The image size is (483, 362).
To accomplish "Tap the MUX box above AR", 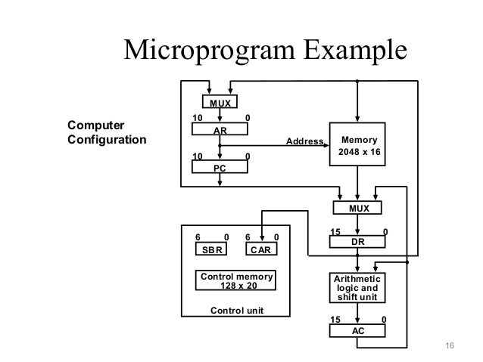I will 220,102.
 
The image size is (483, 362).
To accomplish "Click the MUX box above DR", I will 357,207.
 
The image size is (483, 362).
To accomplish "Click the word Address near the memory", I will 303,141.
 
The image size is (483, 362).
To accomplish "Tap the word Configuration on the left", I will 106,140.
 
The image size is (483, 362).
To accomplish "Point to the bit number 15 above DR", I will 338,231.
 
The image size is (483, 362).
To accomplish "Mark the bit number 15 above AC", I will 338,320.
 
